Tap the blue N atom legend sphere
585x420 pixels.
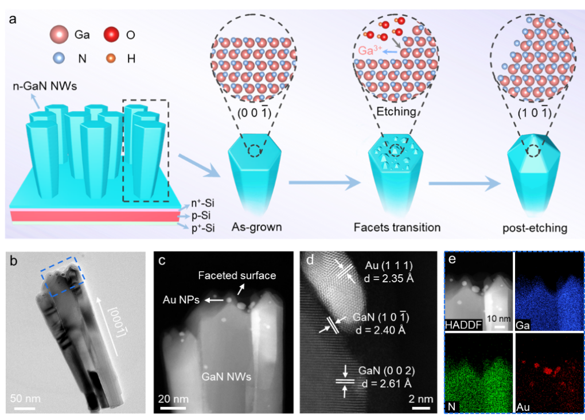point(58,58)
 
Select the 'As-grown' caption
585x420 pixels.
point(257,227)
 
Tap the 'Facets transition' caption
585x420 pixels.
point(397,227)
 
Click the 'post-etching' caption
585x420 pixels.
point(535,228)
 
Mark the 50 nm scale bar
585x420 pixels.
point(22,408)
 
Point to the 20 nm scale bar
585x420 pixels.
point(172,408)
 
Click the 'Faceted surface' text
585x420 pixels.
point(237,275)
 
